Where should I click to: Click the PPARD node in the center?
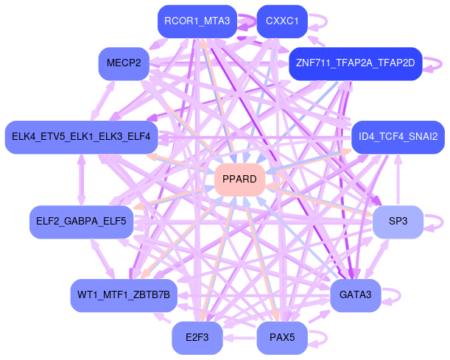239,180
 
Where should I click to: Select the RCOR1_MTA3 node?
197,21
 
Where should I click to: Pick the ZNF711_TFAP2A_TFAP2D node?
354,63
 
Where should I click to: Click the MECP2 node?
123,63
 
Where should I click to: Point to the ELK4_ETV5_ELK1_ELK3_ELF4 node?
81,137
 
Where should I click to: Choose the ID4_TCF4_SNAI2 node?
398,137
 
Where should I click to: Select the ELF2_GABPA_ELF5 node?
81,221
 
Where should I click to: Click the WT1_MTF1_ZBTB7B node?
123,295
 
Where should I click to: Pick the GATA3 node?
355,295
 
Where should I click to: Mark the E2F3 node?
197,338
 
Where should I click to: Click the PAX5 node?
281,338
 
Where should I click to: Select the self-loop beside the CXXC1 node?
319,21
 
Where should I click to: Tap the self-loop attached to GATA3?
394,295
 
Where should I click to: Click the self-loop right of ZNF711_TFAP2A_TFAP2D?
434,63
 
